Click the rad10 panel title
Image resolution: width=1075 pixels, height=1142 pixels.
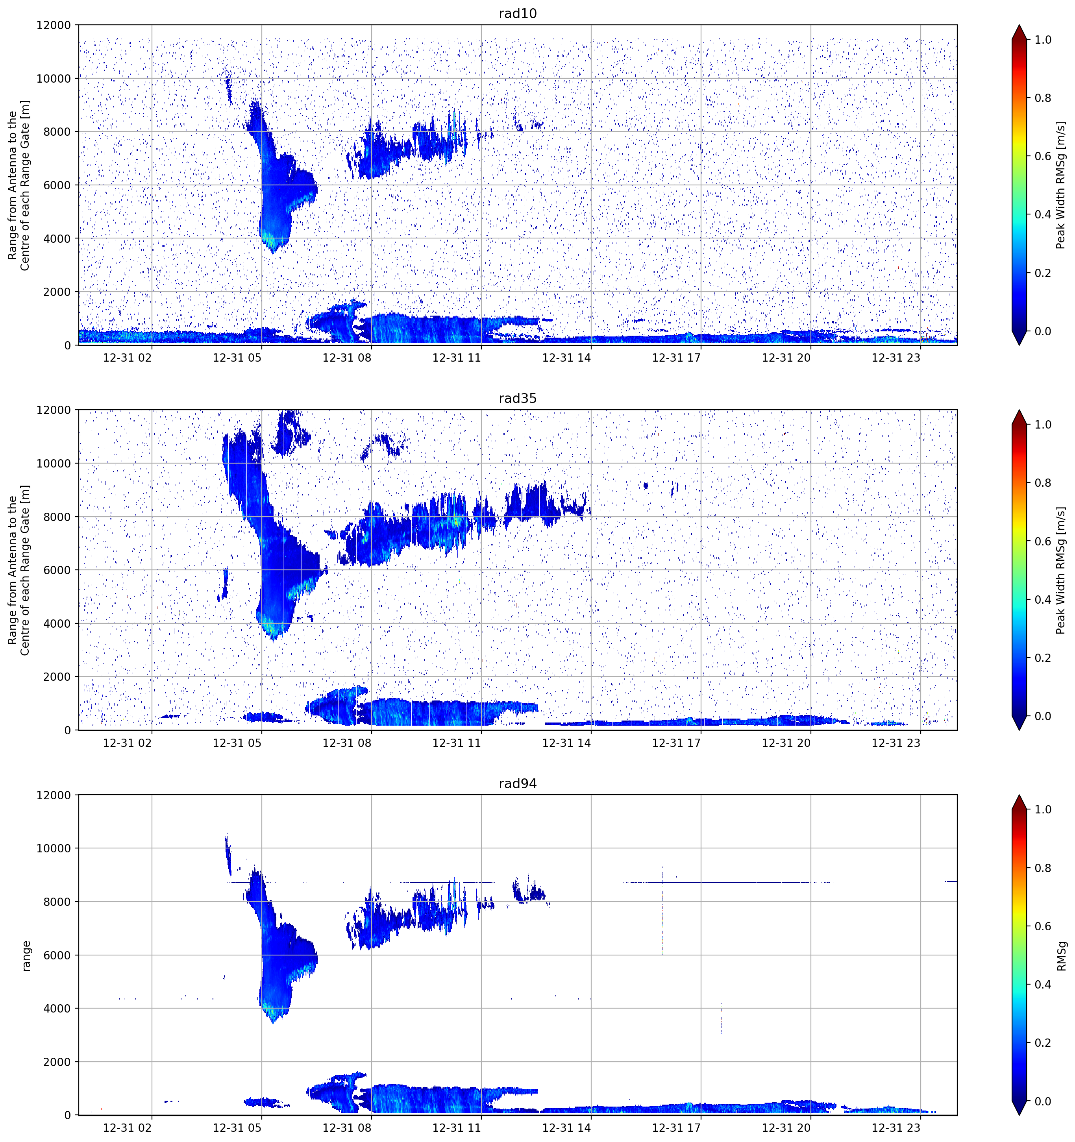pos(518,13)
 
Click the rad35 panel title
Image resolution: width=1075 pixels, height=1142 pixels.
pos(518,398)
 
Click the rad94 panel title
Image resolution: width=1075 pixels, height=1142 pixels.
pos(518,784)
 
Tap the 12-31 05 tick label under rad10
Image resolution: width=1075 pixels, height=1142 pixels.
pos(237,358)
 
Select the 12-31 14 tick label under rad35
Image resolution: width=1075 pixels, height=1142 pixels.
pos(566,743)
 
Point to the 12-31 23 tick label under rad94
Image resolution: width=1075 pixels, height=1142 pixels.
pos(896,1128)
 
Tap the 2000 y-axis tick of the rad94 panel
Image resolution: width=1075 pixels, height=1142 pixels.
pos(57,1062)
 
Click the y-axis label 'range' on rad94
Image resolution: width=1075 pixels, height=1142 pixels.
pos(26,956)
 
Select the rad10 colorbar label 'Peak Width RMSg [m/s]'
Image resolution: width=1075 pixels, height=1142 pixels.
pos(1061,185)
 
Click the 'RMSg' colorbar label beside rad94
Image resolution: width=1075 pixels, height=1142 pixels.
pos(1061,956)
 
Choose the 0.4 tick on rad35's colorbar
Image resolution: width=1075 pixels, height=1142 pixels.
pos(1043,600)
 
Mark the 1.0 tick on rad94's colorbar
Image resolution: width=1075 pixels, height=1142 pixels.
pos(1043,809)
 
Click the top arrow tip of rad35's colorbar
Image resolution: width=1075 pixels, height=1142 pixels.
pos(1019,410)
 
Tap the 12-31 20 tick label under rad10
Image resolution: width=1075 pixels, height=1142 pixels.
pos(786,358)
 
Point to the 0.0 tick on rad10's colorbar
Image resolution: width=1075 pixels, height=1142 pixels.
pos(1043,331)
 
